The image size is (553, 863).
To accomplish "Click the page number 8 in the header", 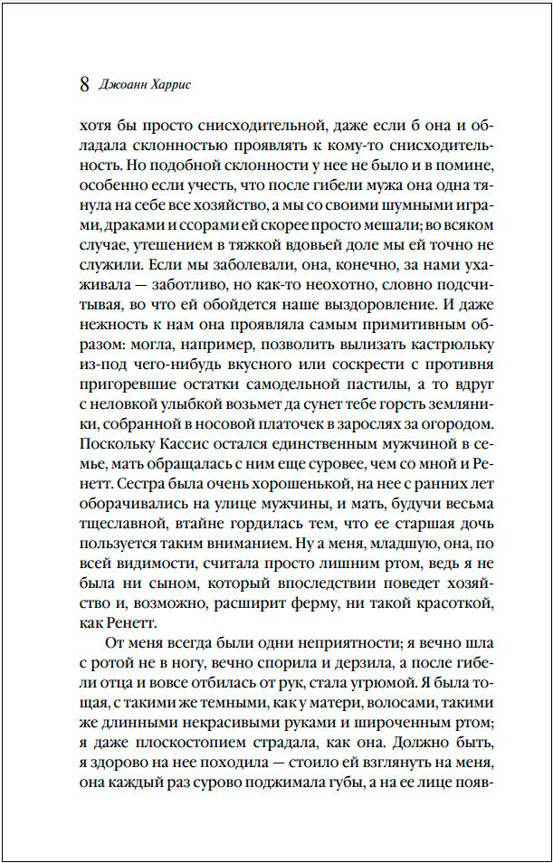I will [x=84, y=86].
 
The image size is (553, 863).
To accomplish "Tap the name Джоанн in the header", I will [x=123, y=87].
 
